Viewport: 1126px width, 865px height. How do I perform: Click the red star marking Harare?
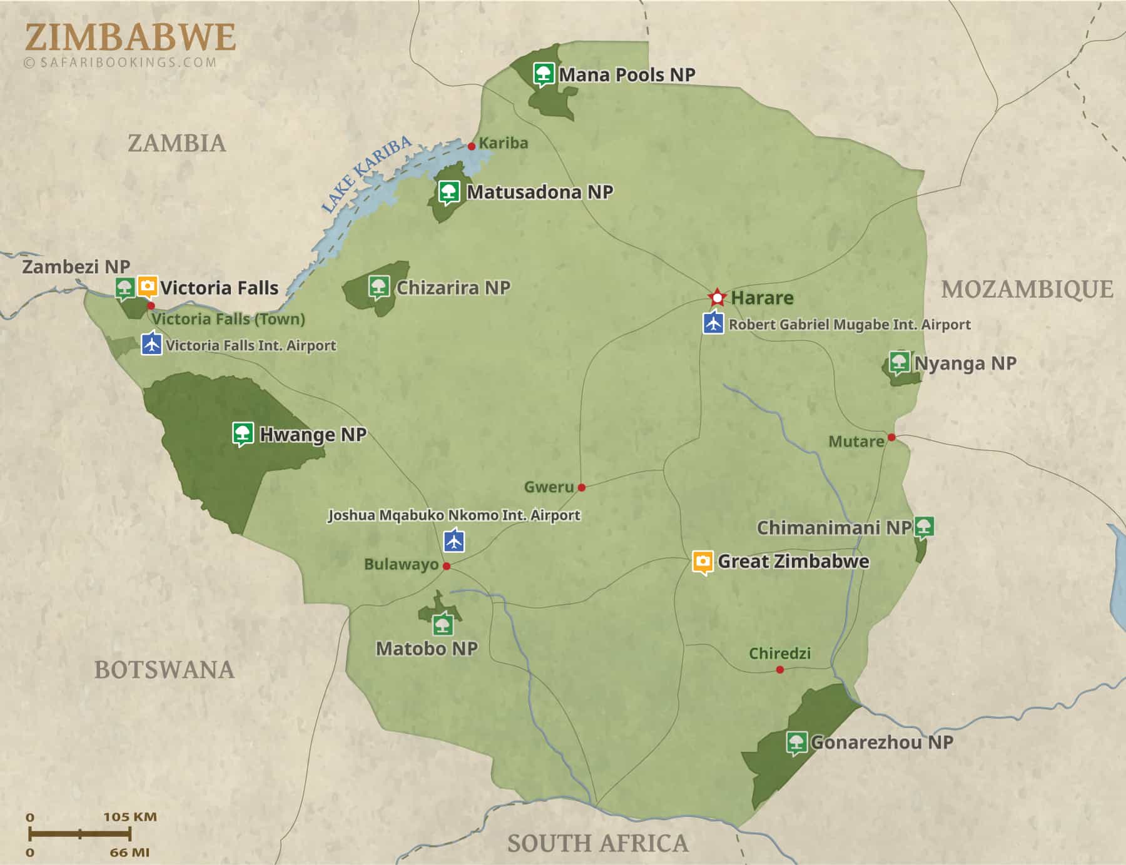[717, 297]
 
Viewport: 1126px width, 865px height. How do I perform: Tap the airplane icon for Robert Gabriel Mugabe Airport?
[713, 323]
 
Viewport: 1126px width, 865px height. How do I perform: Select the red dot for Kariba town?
[472, 146]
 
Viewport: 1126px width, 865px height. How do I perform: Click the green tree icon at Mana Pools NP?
[544, 74]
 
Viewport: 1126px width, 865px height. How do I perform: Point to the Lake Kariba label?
[366, 175]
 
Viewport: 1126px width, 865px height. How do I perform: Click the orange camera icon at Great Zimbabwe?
[703, 562]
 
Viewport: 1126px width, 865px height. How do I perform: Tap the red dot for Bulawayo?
[447, 566]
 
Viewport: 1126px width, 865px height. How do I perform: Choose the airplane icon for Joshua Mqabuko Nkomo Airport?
[454, 540]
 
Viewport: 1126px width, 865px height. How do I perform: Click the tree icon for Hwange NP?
[243, 433]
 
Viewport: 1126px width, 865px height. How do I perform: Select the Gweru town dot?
[582, 487]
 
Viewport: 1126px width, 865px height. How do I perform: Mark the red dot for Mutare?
[891, 437]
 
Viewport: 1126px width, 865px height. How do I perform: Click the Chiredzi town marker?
[780, 670]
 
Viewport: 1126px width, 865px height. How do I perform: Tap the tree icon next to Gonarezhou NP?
[796, 742]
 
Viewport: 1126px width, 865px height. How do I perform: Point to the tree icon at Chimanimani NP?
[924, 527]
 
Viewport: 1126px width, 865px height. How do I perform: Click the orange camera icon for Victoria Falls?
[148, 286]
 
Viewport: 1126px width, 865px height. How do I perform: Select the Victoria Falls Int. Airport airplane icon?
[151, 344]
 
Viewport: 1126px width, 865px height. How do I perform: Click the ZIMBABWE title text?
[130, 38]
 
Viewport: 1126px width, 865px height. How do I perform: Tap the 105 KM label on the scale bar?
[130, 817]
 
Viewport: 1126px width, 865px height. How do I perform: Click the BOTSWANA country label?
[164, 670]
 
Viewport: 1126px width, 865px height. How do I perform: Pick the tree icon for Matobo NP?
[443, 624]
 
